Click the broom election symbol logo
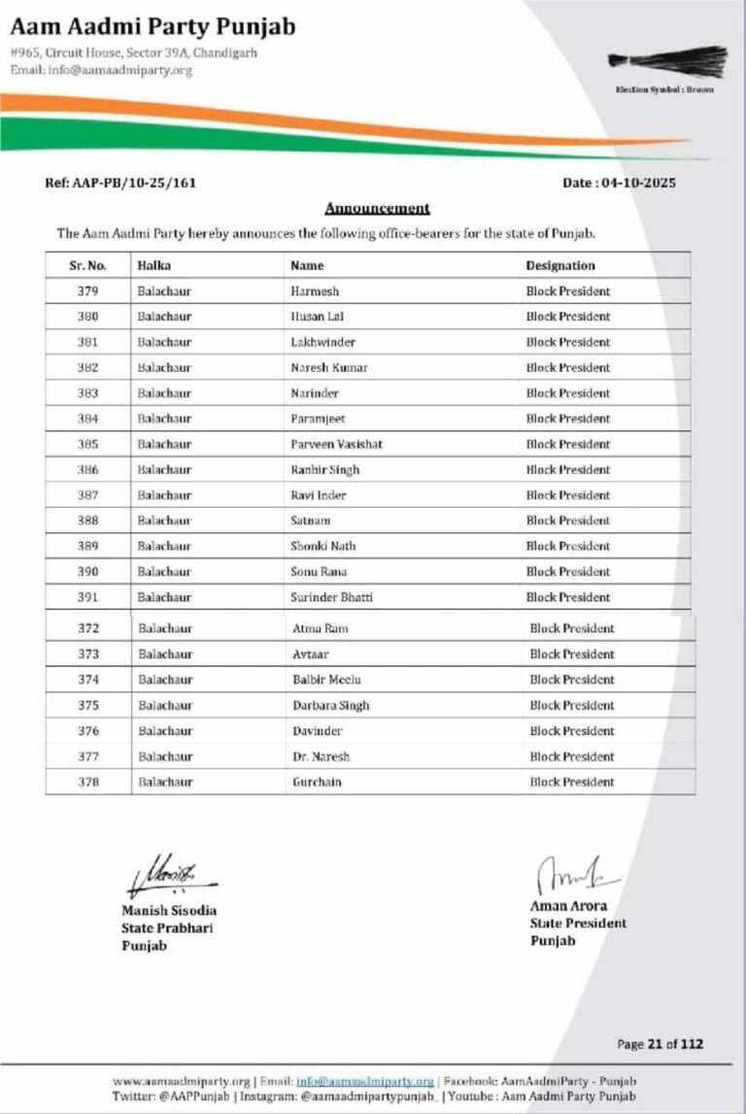coord(667,59)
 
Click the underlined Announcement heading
coord(377,208)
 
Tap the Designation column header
coord(560,265)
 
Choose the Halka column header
coord(153,265)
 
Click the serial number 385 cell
coord(88,444)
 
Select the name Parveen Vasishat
coord(336,444)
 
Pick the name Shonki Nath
coord(323,546)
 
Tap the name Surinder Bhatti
coord(331,597)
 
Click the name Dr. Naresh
coord(321,757)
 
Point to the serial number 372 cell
coord(89,628)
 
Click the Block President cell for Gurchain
coord(571,782)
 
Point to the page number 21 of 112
coord(660,1044)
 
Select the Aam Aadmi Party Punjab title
coord(153,26)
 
